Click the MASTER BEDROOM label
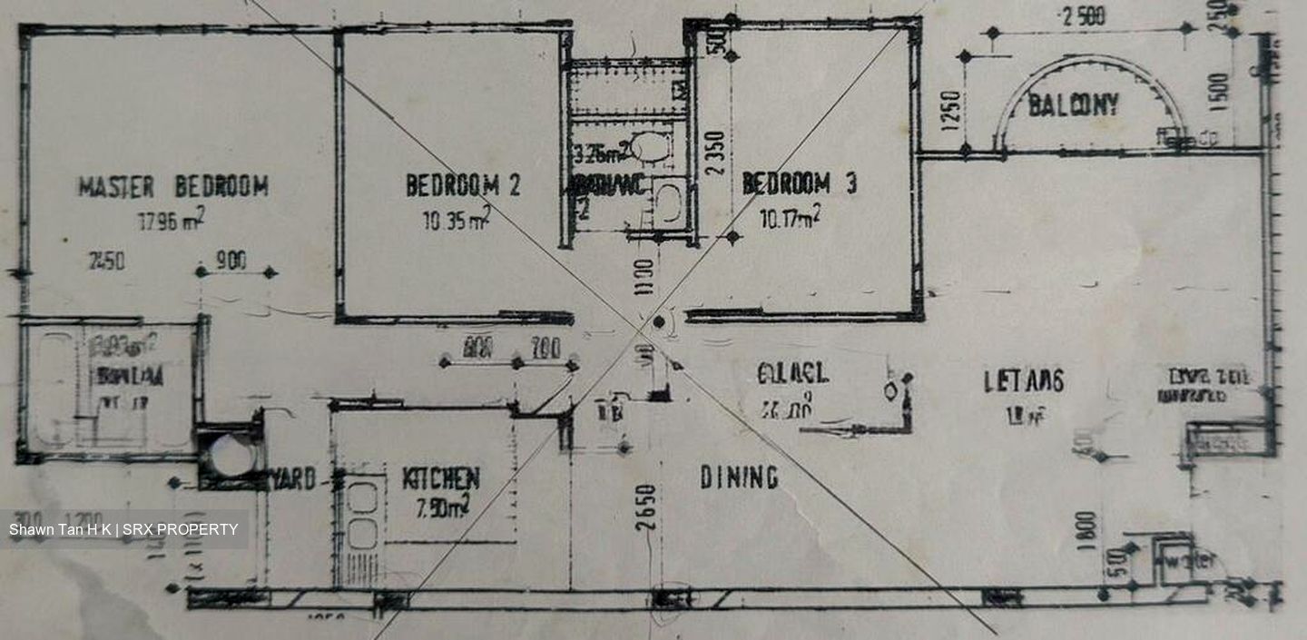[x=172, y=187]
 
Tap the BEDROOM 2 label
[x=463, y=185]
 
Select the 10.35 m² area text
[x=457, y=218]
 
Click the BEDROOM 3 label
[x=799, y=184]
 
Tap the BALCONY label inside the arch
[x=1073, y=105]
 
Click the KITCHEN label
[x=441, y=478]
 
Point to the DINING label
[x=739, y=478]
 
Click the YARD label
[x=295, y=479]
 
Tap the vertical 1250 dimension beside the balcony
[x=950, y=110]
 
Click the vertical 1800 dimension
[x=1089, y=526]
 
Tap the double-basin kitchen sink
[x=362, y=516]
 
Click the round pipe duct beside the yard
[x=231, y=455]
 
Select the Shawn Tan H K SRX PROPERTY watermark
[x=123, y=529]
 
